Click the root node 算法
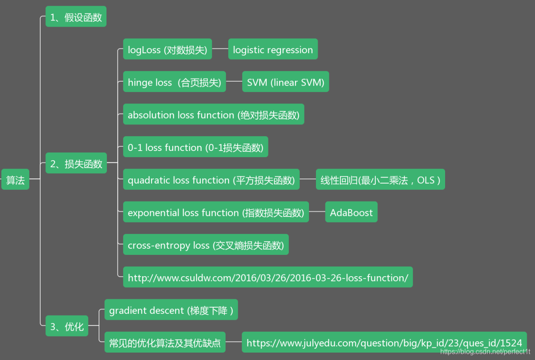coord(15,179)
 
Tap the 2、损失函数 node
coord(76,163)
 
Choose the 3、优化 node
coord(67,326)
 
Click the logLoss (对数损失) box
coord(167,49)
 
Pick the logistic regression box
coord(273,49)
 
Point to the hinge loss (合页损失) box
coord(174,82)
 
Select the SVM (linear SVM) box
coord(285,82)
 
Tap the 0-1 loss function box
coord(195,147)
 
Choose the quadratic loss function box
coord(211,179)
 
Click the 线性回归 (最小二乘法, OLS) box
coord(380,179)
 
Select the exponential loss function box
coord(216,212)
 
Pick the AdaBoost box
coord(351,212)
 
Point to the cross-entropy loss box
coord(206,245)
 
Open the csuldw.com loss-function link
coord(267,277)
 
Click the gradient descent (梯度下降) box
coord(171,310)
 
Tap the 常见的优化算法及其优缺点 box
coord(165,343)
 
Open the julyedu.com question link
coord(384,343)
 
